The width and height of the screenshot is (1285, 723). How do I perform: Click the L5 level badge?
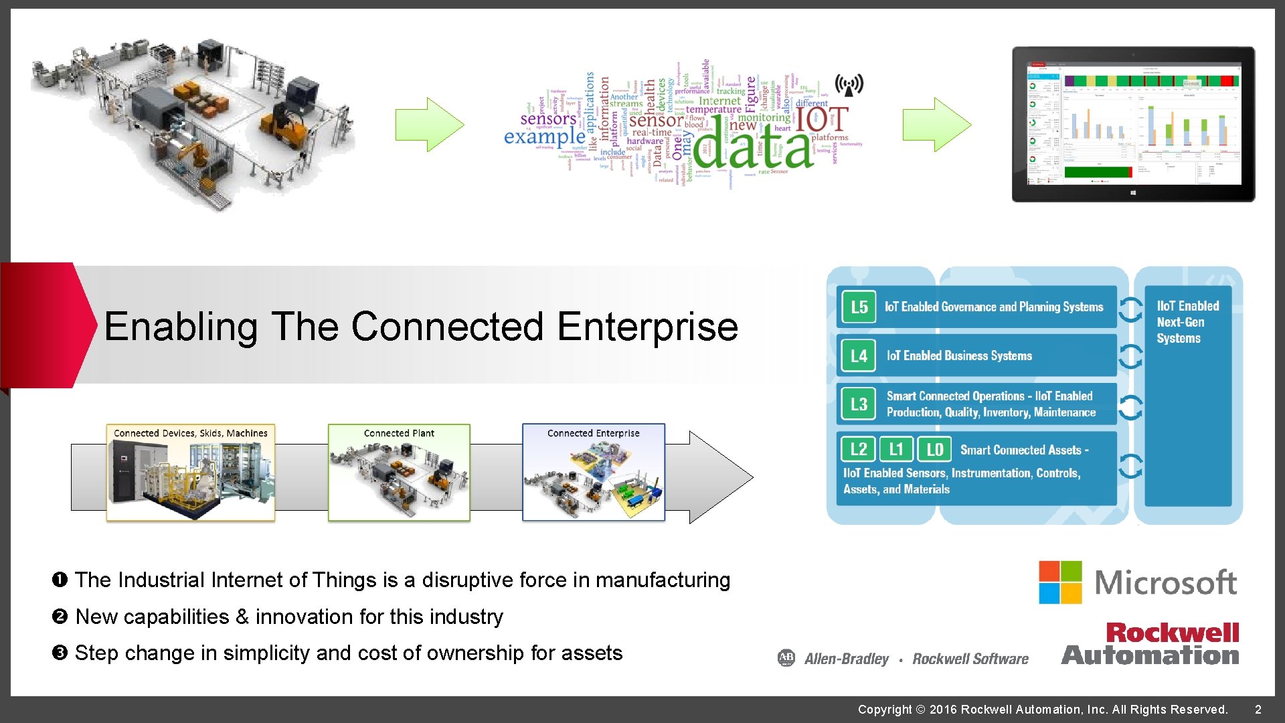pyautogui.click(x=859, y=307)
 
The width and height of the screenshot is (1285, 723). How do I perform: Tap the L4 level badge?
pyautogui.click(x=859, y=355)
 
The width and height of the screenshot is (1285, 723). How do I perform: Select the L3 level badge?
pyautogui.click(x=859, y=404)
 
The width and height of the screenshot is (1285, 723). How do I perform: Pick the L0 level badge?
pyautogui.click(x=934, y=449)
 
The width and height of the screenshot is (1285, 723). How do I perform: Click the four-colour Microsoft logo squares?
pyautogui.click(x=1060, y=582)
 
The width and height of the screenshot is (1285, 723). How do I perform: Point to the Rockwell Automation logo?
pyautogui.click(x=1150, y=644)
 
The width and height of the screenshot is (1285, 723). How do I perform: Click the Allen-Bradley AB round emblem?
pyautogui.click(x=786, y=658)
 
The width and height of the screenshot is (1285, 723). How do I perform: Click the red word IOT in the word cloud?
pyautogui.click(x=821, y=120)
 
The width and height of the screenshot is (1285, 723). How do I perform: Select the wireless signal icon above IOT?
pyautogui.click(x=849, y=85)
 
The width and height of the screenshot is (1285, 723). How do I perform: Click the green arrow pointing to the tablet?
pyautogui.click(x=936, y=125)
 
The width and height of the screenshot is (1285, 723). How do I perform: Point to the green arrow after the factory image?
pyautogui.click(x=429, y=125)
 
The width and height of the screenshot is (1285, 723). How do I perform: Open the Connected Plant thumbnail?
pyautogui.click(x=399, y=473)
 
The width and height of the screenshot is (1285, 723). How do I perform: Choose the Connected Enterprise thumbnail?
pyautogui.click(x=594, y=473)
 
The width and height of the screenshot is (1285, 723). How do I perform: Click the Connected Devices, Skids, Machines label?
pyautogui.click(x=191, y=433)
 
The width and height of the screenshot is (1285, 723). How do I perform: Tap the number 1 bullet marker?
pyautogui.click(x=60, y=580)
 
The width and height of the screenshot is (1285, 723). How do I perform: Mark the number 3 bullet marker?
pyautogui.click(x=60, y=653)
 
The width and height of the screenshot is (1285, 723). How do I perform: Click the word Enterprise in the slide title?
pyautogui.click(x=647, y=327)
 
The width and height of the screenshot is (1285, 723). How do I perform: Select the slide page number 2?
pyautogui.click(x=1258, y=710)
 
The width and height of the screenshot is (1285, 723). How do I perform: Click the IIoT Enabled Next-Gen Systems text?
pyautogui.click(x=1187, y=322)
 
